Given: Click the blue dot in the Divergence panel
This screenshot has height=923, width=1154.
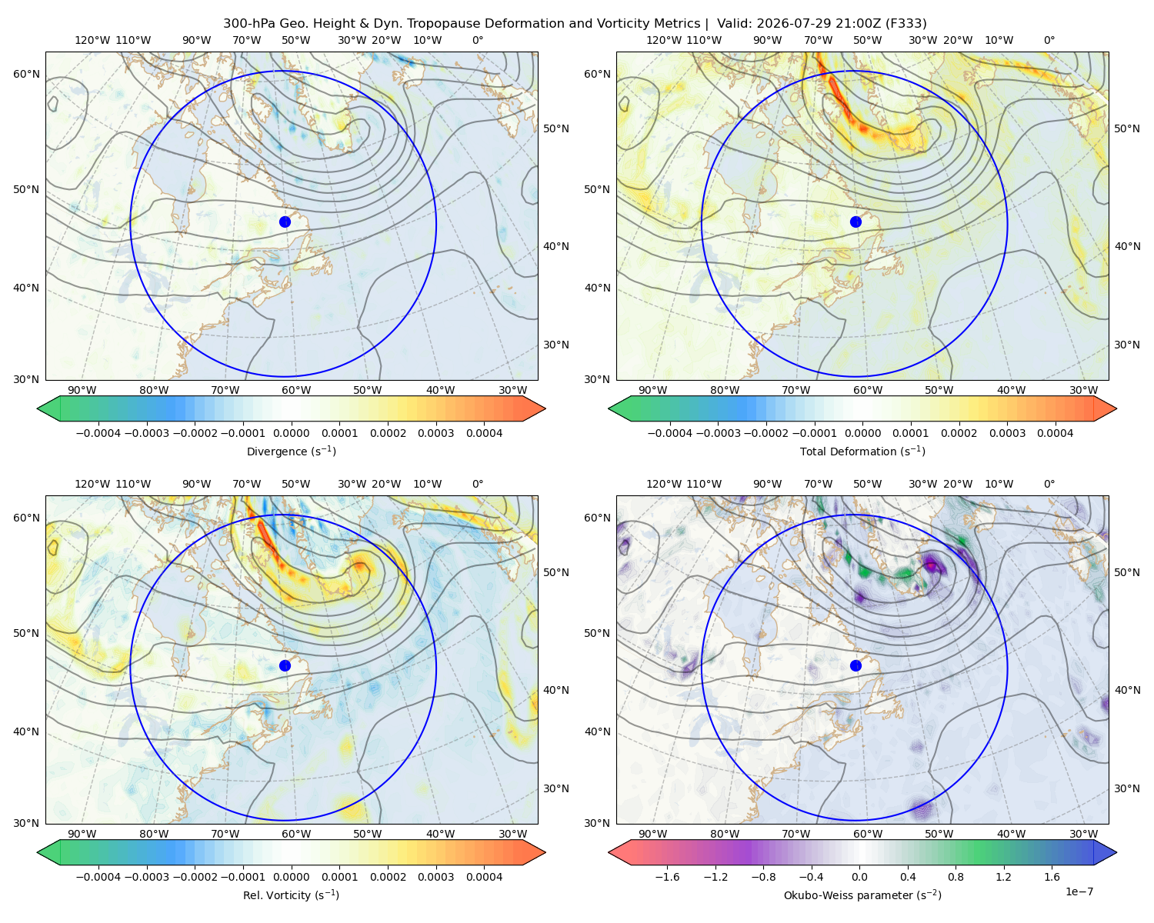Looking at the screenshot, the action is [x=285, y=222].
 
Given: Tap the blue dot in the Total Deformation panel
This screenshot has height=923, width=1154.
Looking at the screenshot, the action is [x=855, y=222].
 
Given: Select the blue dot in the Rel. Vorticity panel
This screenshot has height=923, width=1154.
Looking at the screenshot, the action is [x=285, y=665].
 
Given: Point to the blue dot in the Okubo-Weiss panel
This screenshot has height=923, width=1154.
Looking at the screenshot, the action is [x=855, y=665].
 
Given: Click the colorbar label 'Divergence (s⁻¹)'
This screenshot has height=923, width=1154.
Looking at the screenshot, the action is [x=291, y=452].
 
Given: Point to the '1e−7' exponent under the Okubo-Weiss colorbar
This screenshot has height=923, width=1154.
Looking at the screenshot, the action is [x=1079, y=892].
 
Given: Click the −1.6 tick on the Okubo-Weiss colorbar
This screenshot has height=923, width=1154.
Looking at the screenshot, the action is [x=667, y=877].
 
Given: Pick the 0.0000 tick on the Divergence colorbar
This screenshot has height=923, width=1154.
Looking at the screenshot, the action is [x=291, y=433].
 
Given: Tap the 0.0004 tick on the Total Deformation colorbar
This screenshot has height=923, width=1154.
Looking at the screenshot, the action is [x=1055, y=433].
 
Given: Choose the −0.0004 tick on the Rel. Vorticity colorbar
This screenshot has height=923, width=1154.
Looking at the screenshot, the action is [x=98, y=877].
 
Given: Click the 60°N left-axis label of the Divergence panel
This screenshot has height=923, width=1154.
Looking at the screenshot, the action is [x=26, y=74].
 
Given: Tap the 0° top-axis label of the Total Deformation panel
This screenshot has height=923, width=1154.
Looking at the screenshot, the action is [x=1049, y=40].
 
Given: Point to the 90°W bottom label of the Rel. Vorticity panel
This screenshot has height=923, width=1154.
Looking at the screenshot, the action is [x=82, y=834].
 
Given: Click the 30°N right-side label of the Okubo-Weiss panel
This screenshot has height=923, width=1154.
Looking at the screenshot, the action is [x=1127, y=788].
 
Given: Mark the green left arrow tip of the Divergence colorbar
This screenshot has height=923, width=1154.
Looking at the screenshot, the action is [x=38, y=408].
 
